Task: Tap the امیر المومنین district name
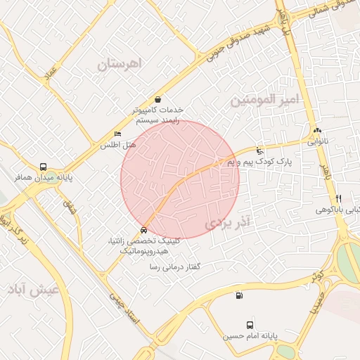[265, 101]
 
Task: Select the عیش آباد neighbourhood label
[29, 289]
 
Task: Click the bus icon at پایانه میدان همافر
[44, 167]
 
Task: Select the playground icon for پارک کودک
[260, 150]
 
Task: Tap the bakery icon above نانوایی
[317, 130]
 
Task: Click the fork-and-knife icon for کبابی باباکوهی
[338, 198]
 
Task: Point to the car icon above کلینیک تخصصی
[144, 230]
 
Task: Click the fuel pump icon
[240, 296]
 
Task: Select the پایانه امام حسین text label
[248, 336]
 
